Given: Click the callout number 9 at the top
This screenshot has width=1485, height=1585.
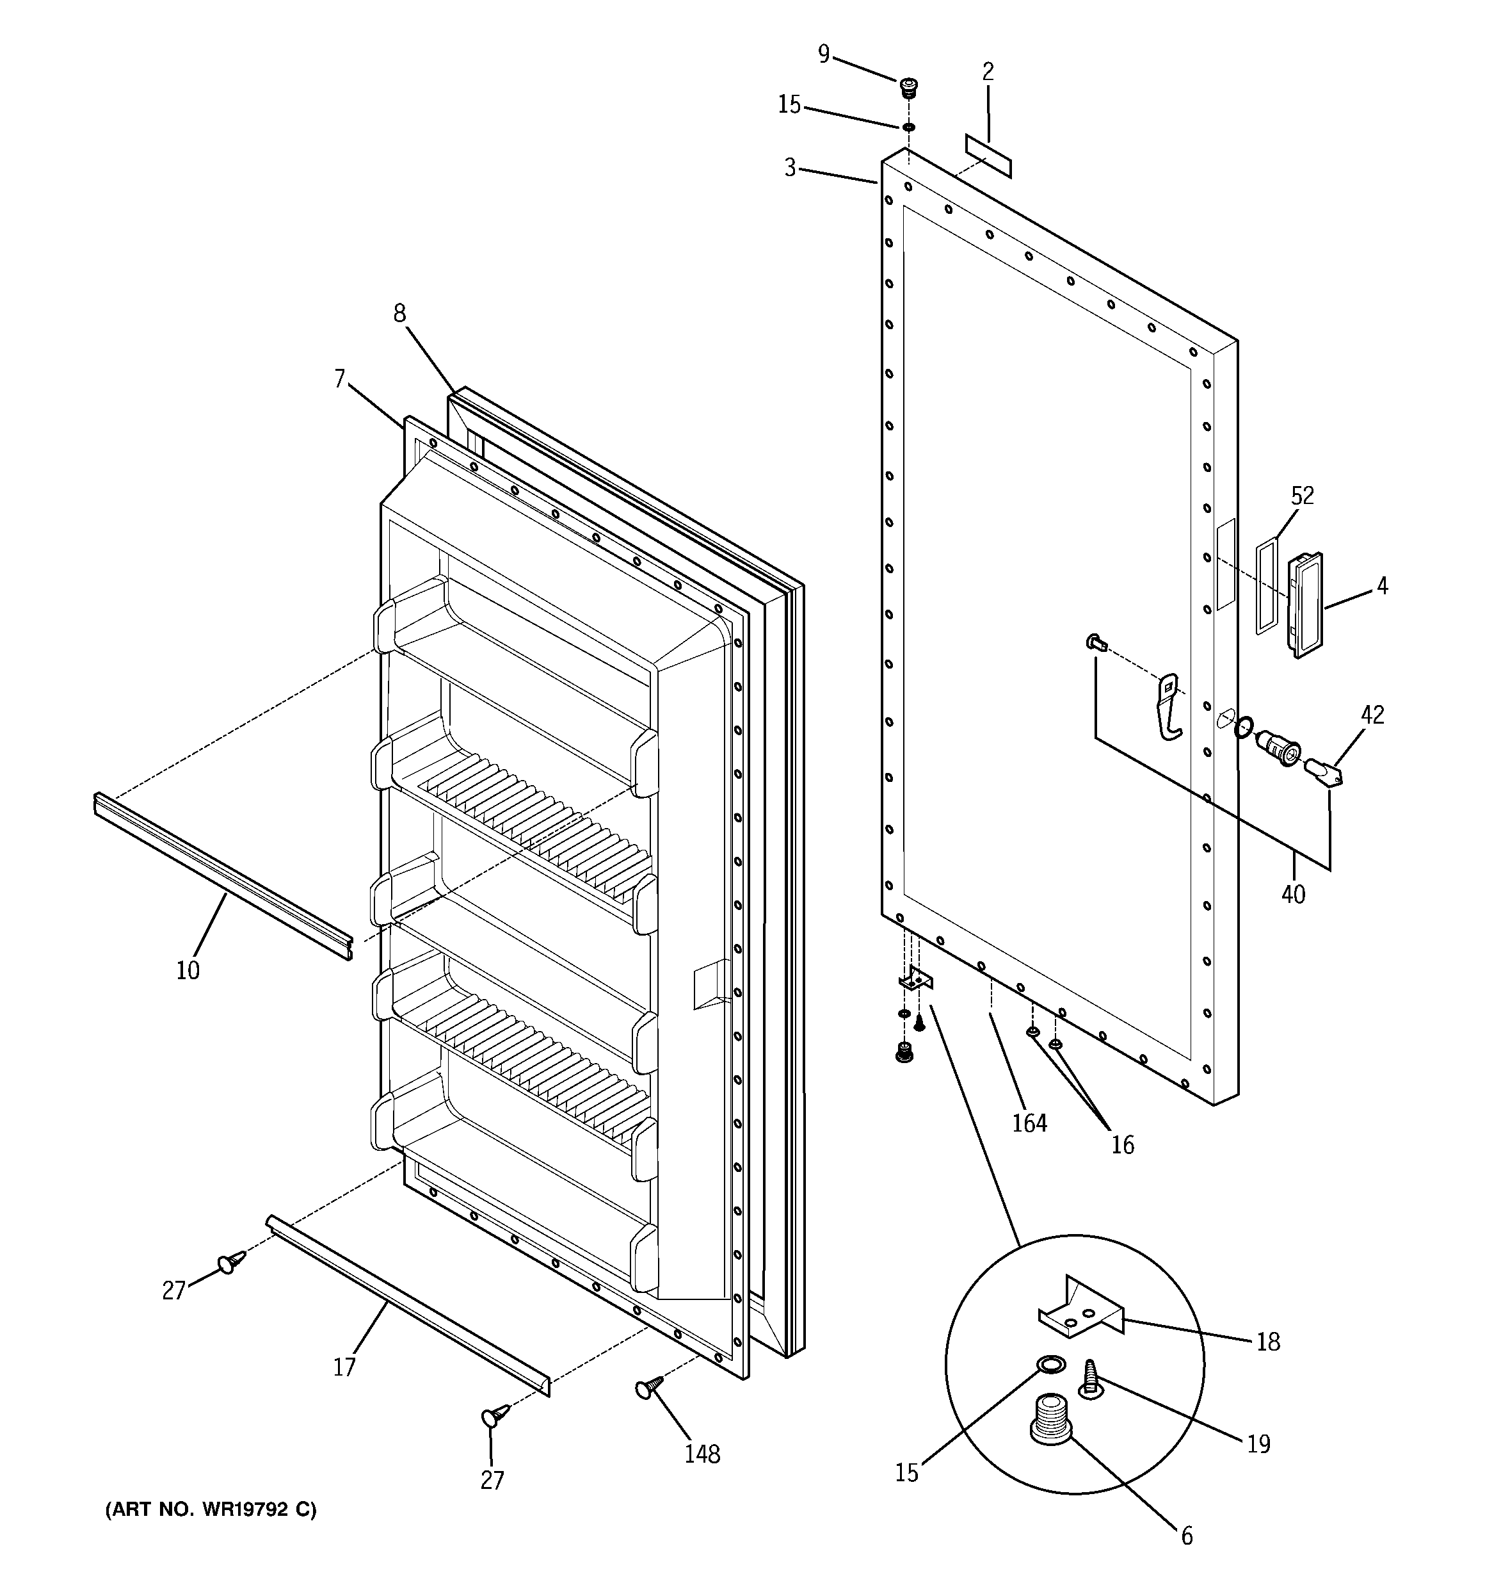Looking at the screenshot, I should click(823, 54).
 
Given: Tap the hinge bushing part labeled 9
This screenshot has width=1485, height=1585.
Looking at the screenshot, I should click(908, 86).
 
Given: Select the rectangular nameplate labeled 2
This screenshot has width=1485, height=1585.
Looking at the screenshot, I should click(988, 156).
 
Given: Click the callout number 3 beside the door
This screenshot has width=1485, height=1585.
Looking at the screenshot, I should click(789, 167).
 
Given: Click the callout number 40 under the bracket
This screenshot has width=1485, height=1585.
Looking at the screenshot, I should click(1293, 894).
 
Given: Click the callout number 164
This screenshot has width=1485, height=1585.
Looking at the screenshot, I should click(1029, 1123).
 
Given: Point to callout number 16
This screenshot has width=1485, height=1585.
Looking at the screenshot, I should click(1122, 1145).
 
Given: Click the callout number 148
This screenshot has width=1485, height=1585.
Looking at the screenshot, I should click(702, 1454).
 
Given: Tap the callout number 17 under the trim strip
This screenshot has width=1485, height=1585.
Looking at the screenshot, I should click(344, 1367).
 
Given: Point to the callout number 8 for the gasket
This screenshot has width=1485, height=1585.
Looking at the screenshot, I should click(399, 313).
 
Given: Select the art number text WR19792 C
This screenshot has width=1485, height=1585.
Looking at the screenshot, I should click(211, 1509).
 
